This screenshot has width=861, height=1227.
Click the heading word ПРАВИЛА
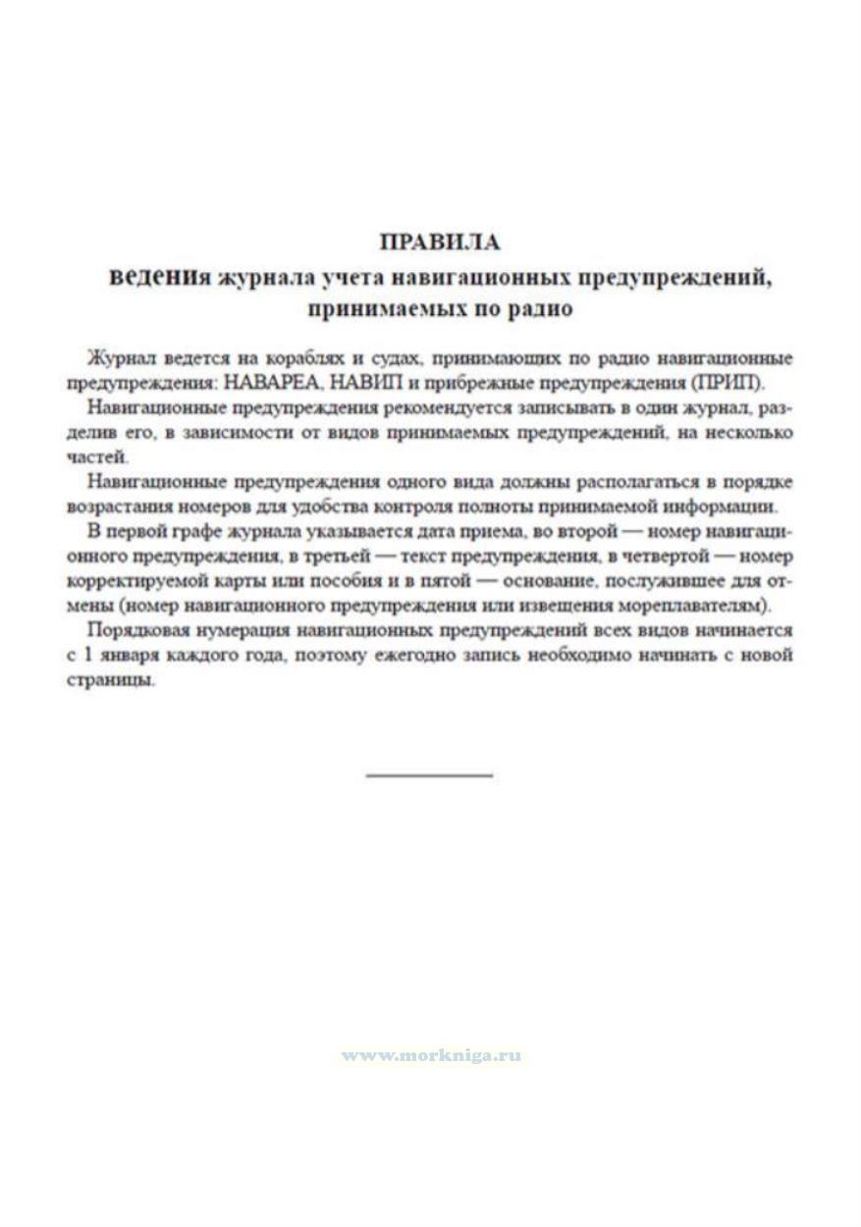point(439,242)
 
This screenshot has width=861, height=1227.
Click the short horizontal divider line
point(429,775)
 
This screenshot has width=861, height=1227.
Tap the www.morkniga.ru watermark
point(431,1056)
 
